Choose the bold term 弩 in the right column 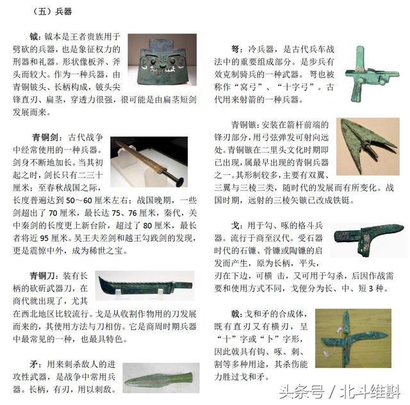[236, 49]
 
